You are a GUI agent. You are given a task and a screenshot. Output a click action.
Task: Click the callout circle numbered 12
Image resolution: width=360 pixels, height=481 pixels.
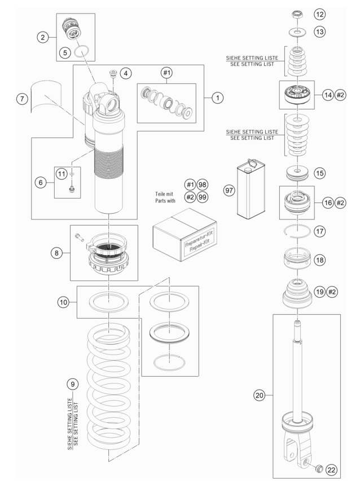319,14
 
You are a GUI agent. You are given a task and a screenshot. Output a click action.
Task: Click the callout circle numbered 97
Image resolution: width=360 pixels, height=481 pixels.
229,190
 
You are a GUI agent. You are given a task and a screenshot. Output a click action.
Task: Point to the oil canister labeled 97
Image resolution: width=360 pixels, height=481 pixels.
251,189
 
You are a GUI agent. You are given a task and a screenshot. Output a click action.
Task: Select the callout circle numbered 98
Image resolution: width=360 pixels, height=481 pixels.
202,184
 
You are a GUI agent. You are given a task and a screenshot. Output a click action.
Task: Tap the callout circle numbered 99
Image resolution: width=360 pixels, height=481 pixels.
202,197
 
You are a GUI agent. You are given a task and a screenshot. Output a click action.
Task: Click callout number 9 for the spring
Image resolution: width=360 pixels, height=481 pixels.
72,384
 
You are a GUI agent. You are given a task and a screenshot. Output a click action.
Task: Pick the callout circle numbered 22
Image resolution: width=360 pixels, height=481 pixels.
331,470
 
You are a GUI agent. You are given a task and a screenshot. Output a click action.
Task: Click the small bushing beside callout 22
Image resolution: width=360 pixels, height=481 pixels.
319,468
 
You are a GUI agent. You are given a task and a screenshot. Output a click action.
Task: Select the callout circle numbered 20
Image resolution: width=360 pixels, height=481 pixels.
260,395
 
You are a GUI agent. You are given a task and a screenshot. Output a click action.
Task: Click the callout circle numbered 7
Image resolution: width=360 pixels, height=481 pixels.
22,99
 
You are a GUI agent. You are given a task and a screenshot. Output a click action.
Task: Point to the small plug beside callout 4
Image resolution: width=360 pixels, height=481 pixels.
113,74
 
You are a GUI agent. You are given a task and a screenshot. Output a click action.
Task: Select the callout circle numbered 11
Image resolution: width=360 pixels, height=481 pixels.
62,174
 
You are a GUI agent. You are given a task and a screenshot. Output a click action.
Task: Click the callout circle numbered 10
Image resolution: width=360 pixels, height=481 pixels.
63,302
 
